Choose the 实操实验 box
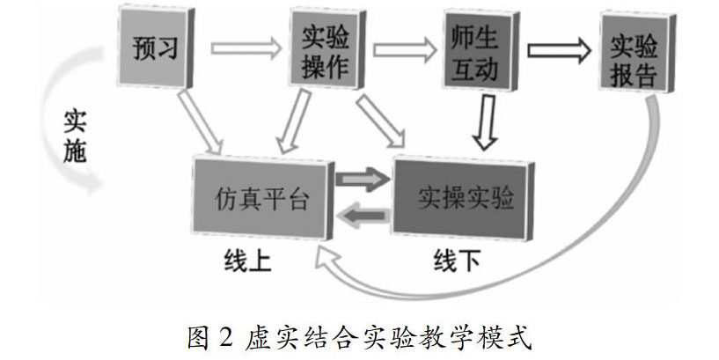pos(465,196)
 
